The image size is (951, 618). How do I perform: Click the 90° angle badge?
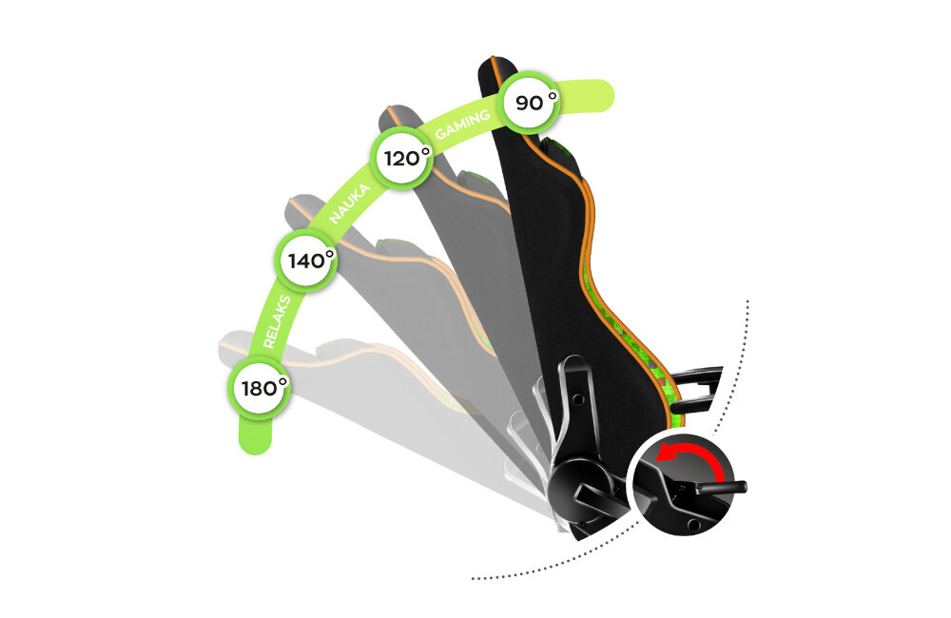(x=530, y=102)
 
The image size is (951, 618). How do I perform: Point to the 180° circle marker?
(x=262, y=388)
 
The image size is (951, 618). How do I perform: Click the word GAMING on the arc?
(x=463, y=124)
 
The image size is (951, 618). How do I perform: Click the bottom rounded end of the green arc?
(x=253, y=439)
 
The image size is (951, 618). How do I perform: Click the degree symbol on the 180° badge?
(x=281, y=382)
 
